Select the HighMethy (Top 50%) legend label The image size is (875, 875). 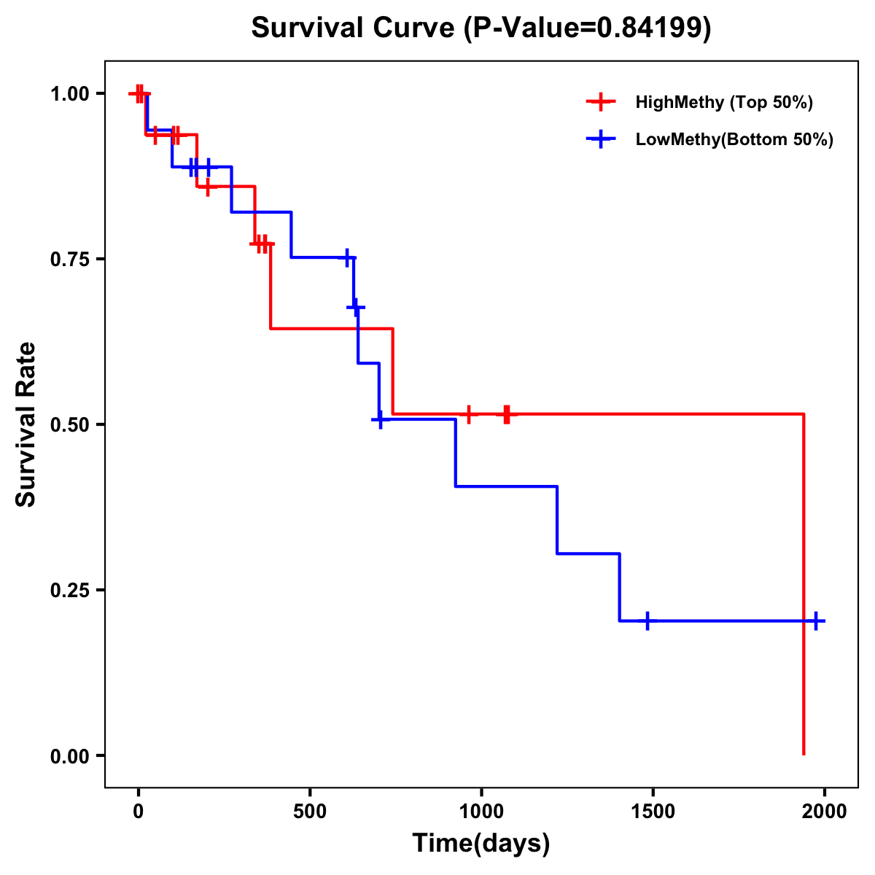[x=724, y=102]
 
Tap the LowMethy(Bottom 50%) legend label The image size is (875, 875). [x=734, y=139]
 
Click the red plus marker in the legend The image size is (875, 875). [x=600, y=102]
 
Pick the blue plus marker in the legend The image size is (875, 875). [x=600, y=139]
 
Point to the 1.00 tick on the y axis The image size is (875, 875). [x=69, y=93]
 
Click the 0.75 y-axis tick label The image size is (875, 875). [x=69, y=259]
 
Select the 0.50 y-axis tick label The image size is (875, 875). [x=69, y=424]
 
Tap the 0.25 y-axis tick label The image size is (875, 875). [x=69, y=590]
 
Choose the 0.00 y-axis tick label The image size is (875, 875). [x=69, y=755]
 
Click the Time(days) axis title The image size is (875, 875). [x=481, y=844]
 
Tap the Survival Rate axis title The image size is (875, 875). [x=26, y=424]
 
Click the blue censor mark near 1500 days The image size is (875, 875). [x=647, y=621]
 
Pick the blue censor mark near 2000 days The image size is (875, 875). [x=816, y=621]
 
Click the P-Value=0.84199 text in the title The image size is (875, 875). [x=588, y=28]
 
